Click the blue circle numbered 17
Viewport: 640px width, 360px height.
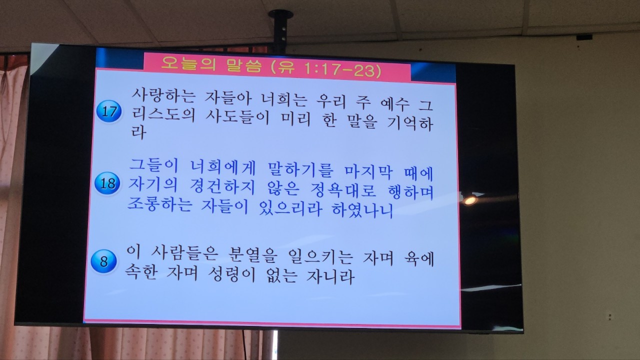coord(109,111)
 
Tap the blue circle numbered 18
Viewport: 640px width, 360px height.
coord(107,183)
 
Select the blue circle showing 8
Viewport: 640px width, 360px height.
coord(103,261)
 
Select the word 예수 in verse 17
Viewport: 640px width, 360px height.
coord(395,104)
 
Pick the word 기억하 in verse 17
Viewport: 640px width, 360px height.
coord(409,123)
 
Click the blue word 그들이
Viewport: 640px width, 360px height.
coord(153,165)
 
